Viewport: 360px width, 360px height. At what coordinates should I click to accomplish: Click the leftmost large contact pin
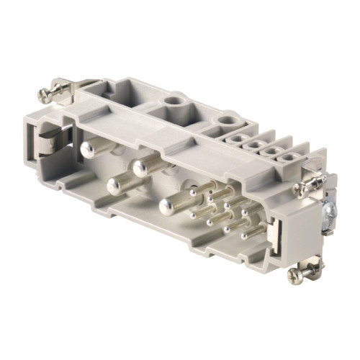click(88, 149)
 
